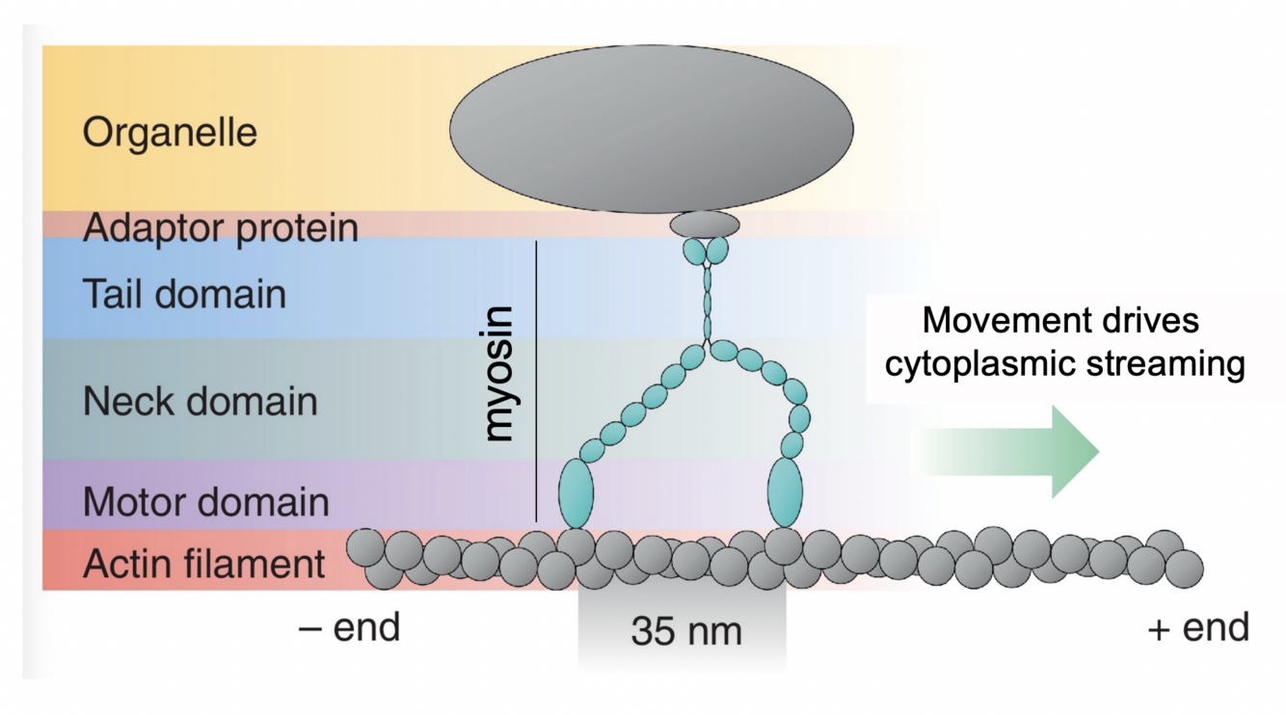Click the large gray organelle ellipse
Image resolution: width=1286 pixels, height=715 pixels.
[x=651, y=128]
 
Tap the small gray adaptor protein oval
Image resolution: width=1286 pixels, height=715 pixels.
[x=705, y=225]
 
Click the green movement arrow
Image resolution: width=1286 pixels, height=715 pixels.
[x=1022, y=451]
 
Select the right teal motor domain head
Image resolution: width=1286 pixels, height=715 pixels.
[x=785, y=491]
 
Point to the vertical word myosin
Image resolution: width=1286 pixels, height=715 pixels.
[x=500, y=374]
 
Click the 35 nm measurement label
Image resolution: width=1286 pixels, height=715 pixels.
[x=686, y=631]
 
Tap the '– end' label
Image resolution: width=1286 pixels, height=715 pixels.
[x=349, y=627]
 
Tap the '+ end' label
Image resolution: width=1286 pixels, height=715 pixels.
[x=1198, y=627]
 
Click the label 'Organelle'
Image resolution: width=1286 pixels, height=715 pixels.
[x=170, y=132]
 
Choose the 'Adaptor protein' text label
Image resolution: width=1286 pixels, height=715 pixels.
[x=221, y=228]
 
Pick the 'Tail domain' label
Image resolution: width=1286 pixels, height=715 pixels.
[x=184, y=294]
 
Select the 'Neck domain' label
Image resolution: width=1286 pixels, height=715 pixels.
[x=201, y=400]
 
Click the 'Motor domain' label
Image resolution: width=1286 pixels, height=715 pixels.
[x=206, y=502]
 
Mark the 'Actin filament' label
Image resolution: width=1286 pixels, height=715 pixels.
[x=204, y=564]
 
